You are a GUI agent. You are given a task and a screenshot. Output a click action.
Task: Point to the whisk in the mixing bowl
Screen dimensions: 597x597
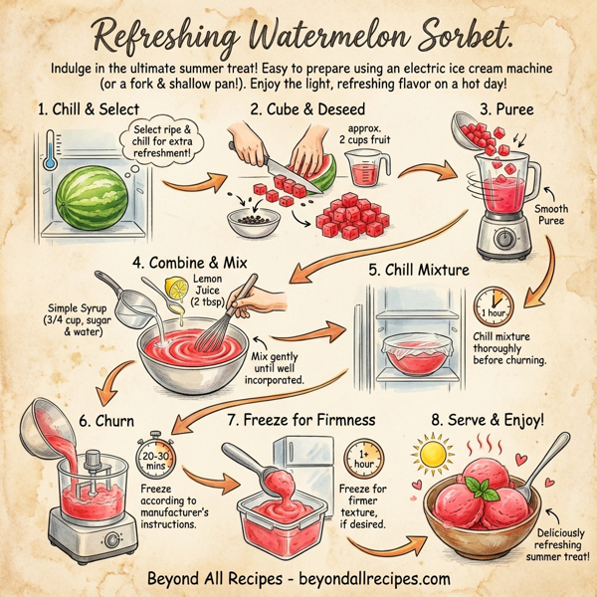pos(213,324)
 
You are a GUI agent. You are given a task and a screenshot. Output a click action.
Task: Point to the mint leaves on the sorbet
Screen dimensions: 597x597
pos(484,489)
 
